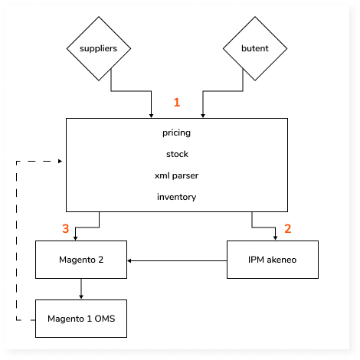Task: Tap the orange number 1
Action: (x=177, y=103)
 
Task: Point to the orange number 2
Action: (x=288, y=228)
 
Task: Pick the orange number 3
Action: (x=66, y=228)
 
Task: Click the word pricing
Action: (x=176, y=133)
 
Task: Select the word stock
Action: (x=177, y=154)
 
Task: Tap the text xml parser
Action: (x=176, y=175)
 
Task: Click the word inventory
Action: (x=177, y=197)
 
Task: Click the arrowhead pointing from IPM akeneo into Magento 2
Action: (x=129, y=260)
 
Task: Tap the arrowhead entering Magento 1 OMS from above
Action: (x=81, y=297)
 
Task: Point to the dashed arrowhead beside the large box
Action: (x=61, y=161)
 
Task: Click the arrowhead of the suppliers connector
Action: (x=152, y=116)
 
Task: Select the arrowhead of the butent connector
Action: (x=203, y=116)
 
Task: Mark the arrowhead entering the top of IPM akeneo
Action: (x=275, y=238)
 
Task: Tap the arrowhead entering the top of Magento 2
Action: (x=75, y=238)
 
